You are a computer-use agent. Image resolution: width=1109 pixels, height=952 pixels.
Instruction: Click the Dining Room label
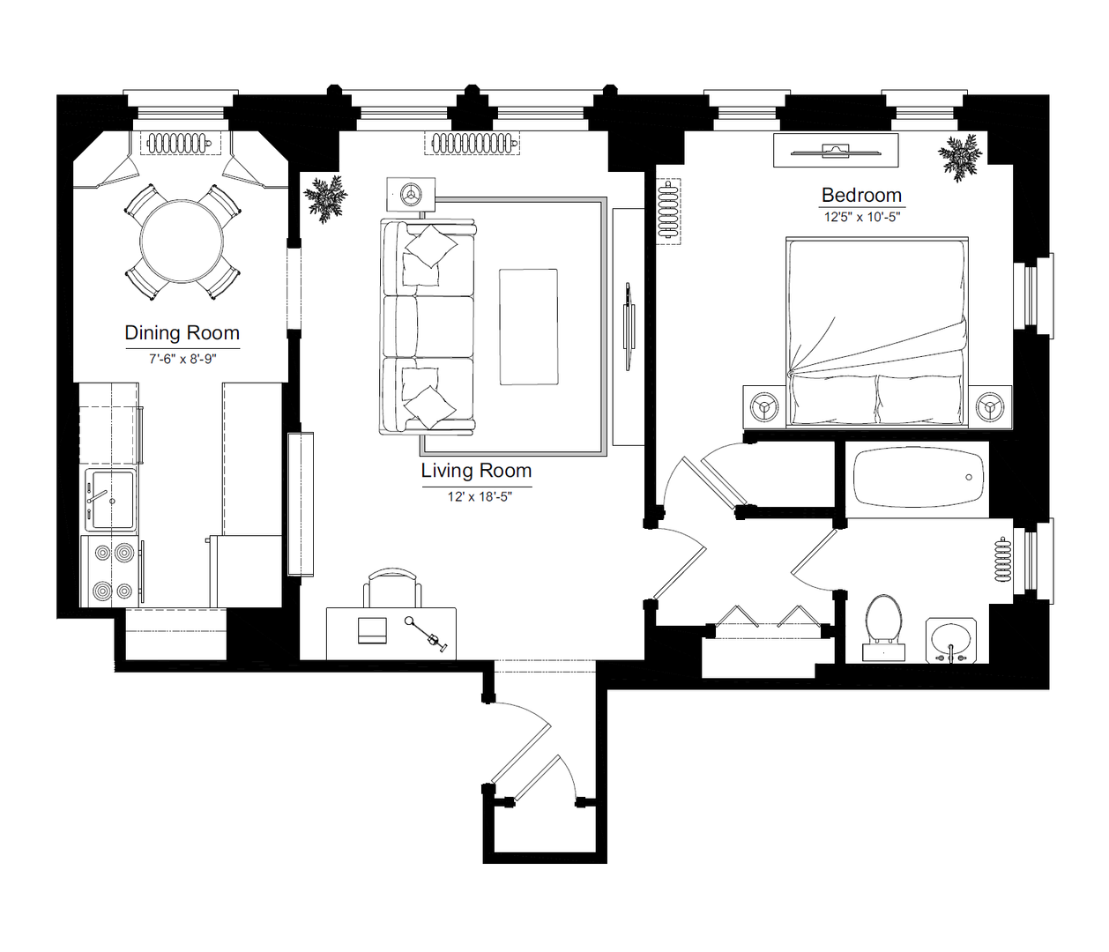tap(182, 333)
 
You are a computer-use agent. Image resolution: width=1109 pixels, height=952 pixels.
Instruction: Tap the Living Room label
tap(476, 471)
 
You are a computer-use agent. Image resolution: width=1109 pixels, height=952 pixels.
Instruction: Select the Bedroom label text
tap(861, 195)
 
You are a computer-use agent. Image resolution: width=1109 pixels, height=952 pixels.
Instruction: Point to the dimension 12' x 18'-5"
tap(480, 497)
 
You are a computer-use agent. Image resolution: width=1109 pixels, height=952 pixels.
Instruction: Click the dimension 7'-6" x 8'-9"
tap(182, 359)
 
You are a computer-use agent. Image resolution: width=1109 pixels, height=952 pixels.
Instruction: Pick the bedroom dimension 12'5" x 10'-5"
tap(861, 218)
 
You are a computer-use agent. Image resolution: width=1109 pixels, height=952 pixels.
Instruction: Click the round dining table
tap(182, 242)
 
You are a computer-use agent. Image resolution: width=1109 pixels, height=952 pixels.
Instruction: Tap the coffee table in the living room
tap(528, 327)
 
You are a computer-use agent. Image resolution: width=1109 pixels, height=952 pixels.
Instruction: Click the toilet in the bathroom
tap(883, 627)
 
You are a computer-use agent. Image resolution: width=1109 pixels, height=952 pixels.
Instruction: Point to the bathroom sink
tap(950, 640)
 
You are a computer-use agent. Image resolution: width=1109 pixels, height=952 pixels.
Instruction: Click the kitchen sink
tap(111, 500)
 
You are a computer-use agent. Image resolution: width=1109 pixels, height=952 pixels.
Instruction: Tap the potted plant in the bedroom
tap(960, 158)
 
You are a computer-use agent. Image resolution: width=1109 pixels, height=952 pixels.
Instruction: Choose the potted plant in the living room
tap(325, 198)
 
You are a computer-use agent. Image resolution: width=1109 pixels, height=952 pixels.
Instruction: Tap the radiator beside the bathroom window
tap(1002, 561)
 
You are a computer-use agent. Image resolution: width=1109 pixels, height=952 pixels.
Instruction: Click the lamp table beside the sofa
tap(411, 194)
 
